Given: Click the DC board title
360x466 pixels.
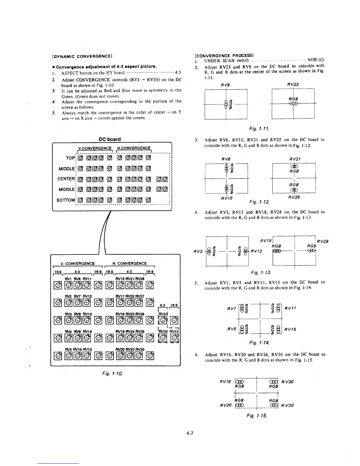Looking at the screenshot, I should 110,139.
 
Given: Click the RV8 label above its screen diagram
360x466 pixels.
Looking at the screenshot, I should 225,85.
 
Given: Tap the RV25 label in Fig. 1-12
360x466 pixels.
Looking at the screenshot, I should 294,197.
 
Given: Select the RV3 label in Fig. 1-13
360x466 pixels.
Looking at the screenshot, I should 198,252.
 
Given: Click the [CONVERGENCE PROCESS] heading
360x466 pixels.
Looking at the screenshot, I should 224,55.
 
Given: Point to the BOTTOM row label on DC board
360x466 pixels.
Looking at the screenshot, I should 66,200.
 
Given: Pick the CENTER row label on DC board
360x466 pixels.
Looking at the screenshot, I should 66,179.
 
